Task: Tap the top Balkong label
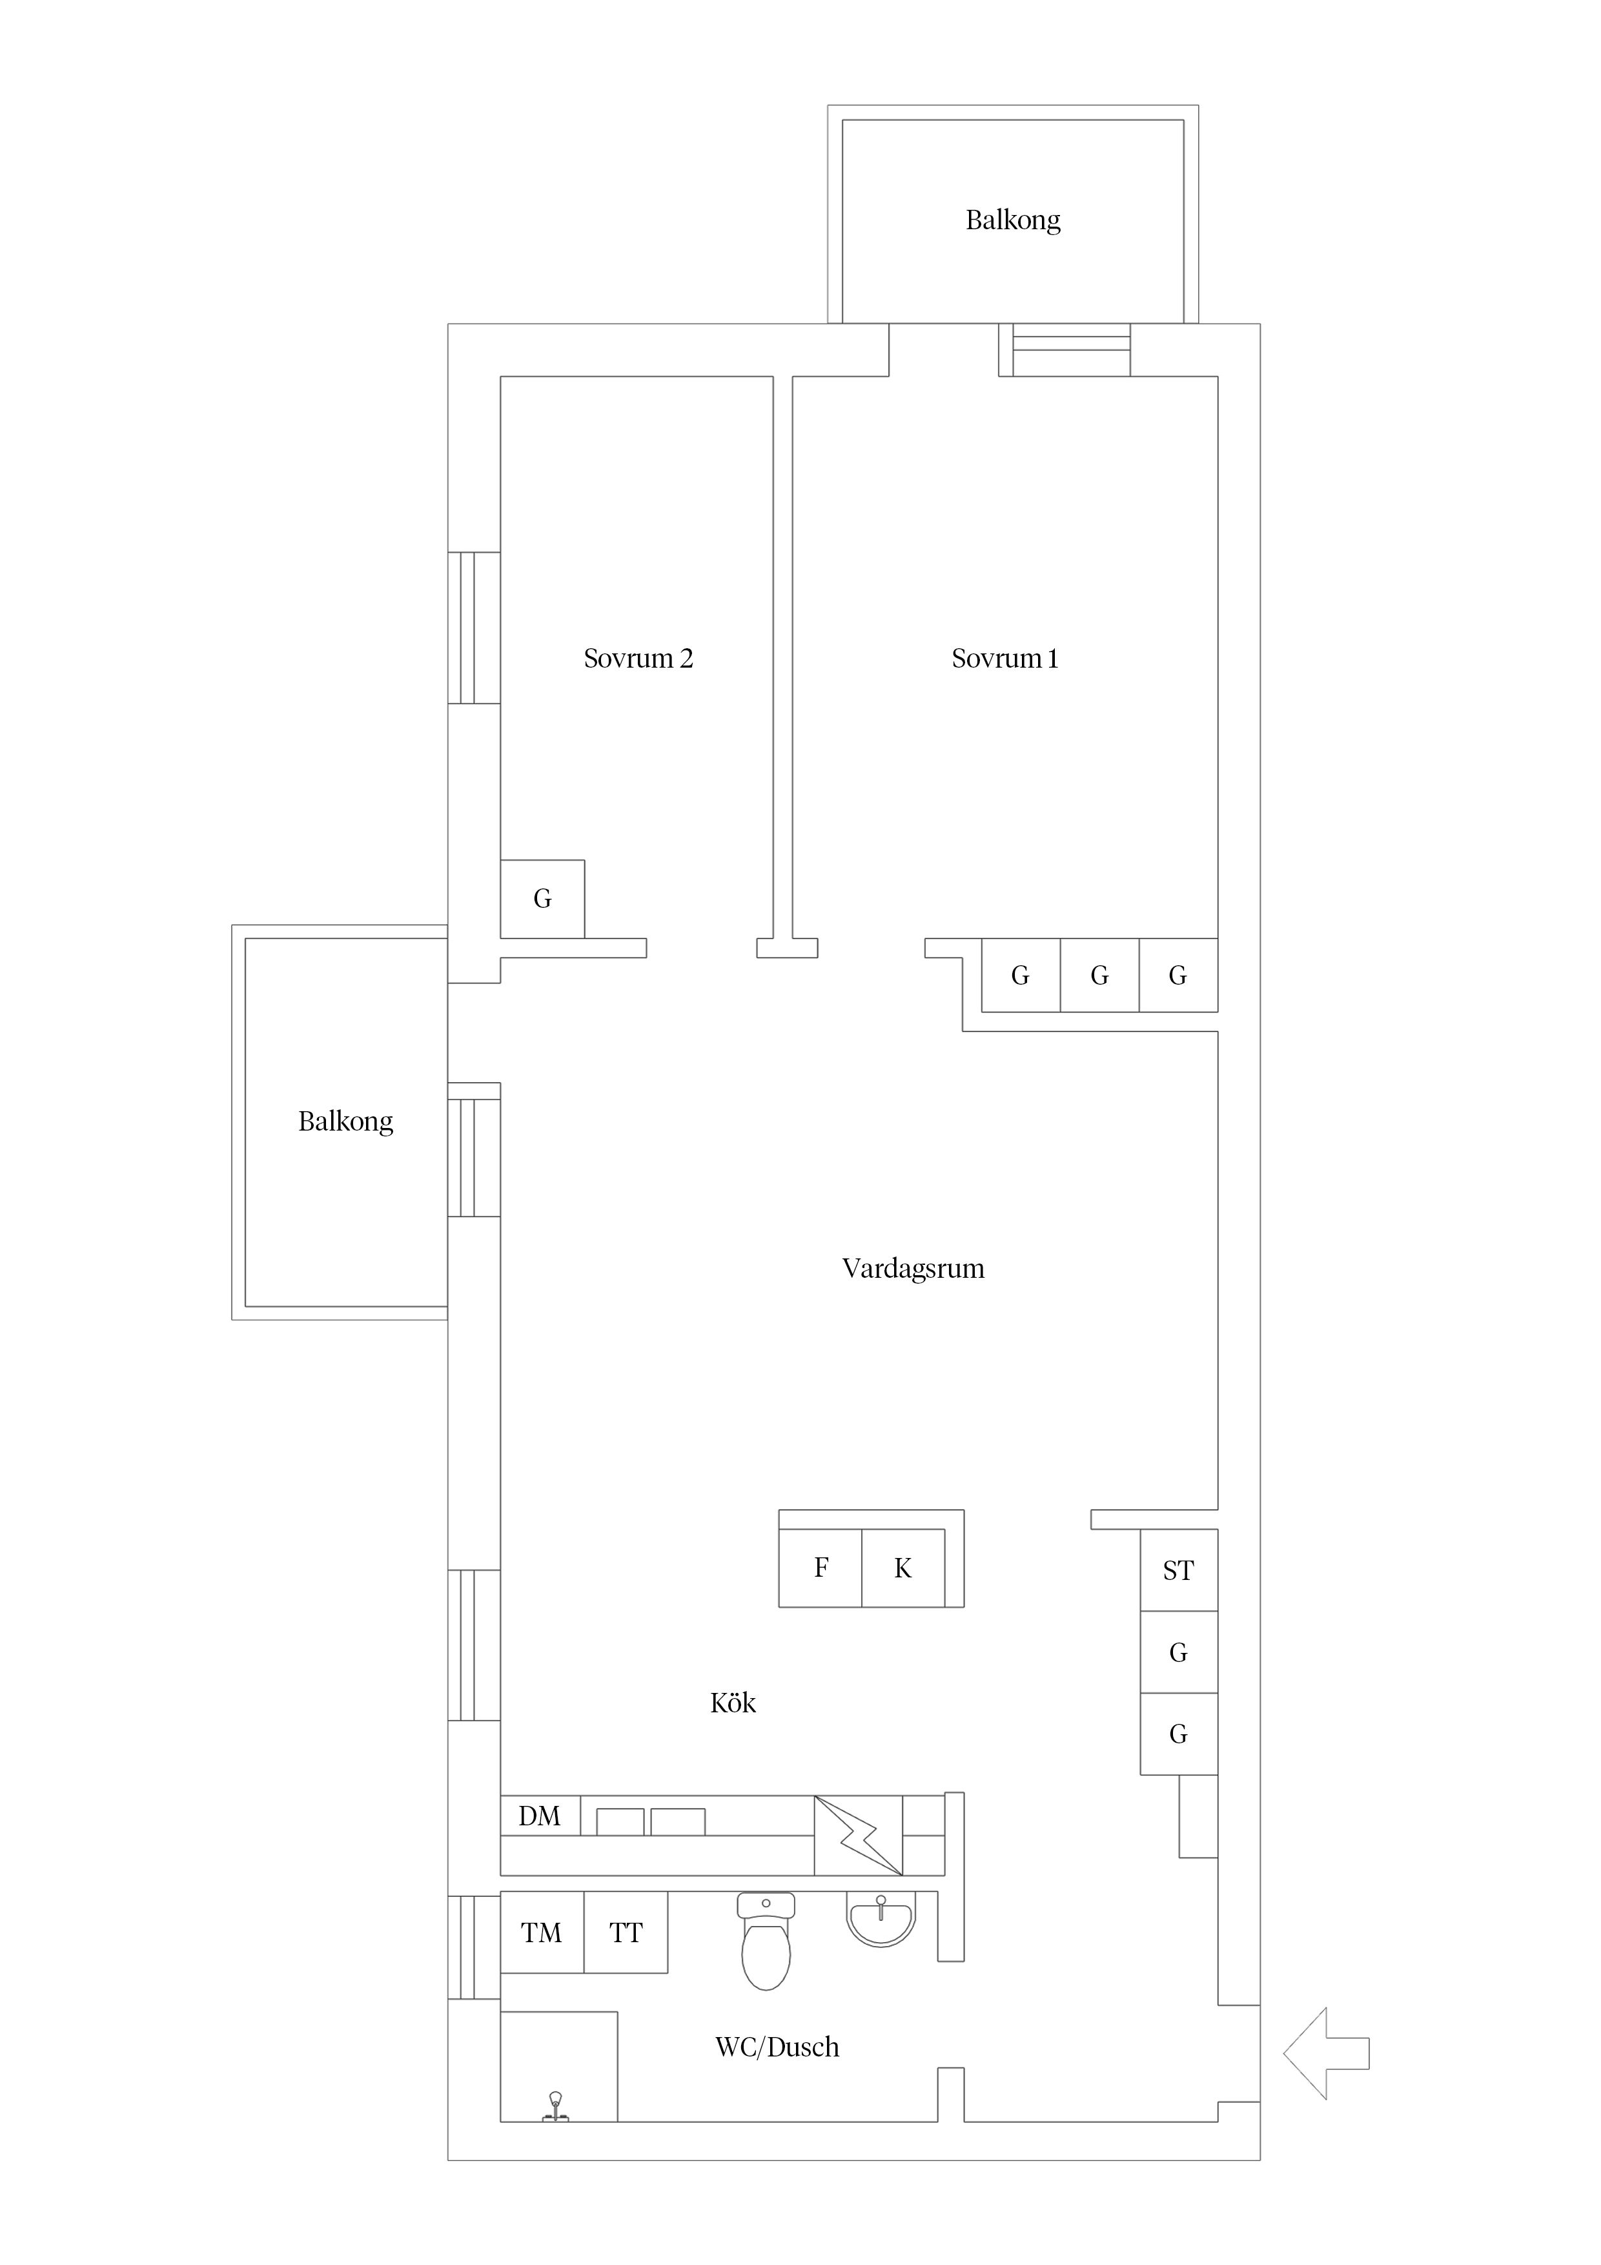point(1013,220)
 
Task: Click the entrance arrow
point(1326,2053)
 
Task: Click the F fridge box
point(821,1568)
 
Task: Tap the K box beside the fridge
point(902,1568)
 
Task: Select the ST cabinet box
point(1179,1570)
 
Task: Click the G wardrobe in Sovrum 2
point(542,899)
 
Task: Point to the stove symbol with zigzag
point(858,1835)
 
